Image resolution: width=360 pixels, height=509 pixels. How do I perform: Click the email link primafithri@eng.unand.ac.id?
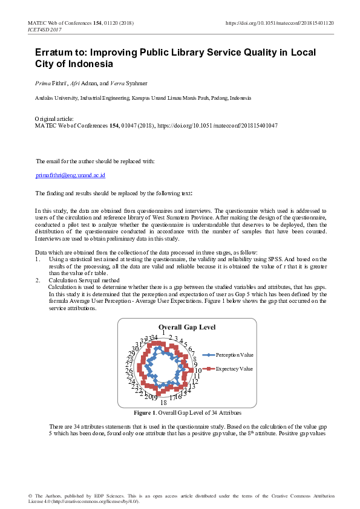click(71, 175)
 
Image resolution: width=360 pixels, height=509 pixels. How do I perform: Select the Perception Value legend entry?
click(234, 355)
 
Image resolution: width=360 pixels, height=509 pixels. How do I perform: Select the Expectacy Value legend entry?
click(234, 368)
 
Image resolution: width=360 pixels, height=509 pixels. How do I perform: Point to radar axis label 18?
click(163, 403)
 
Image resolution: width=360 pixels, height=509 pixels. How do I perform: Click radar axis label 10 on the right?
click(198, 370)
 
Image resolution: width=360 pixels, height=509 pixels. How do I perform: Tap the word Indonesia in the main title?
click(90, 63)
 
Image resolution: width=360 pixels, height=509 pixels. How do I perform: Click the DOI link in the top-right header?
click(280, 23)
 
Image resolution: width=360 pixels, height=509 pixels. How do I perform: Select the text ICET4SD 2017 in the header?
click(45, 29)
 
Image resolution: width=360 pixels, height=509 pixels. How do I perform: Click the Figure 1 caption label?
click(145, 413)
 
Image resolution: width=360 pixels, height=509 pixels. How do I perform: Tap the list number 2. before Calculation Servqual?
click(38, 280)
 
